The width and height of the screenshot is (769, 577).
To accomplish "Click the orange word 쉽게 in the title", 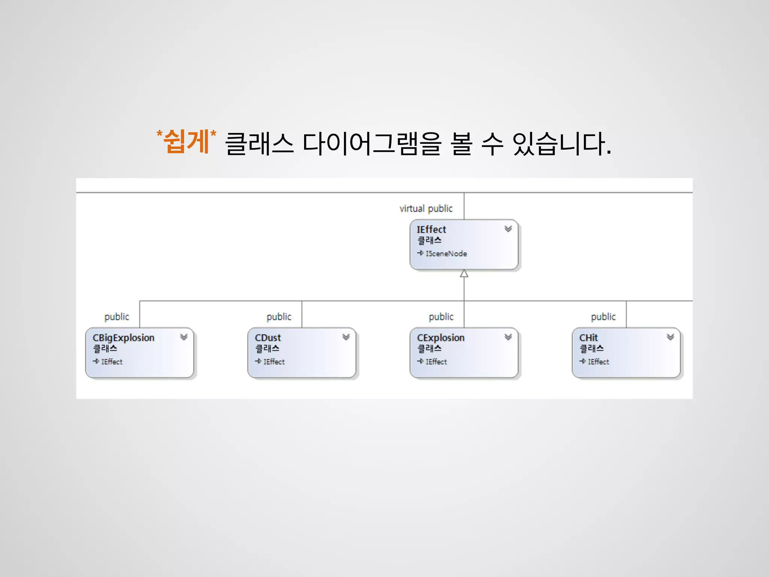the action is (186, 142).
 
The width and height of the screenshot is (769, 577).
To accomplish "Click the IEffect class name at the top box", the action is (431, 229).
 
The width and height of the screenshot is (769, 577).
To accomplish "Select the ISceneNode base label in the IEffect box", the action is (446, 254).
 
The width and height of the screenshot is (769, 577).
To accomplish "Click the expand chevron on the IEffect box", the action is (508, 229).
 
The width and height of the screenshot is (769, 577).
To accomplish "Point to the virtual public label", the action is (426, 208).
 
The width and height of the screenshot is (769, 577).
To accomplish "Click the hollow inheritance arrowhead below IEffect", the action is (464, 273).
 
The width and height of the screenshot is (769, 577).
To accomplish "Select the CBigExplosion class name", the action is (123, 338).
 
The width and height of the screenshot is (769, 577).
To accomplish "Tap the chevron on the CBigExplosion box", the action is (184, 337).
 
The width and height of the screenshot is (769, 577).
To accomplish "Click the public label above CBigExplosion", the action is (116, 317).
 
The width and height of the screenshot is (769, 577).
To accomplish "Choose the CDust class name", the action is (268, 338).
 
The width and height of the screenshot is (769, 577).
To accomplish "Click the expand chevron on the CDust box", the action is (346, 337).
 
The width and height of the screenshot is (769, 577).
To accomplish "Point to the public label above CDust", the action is (279, 317).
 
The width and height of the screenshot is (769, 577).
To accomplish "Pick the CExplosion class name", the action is (440, 338).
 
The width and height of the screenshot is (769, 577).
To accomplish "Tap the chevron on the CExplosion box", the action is (508, 337).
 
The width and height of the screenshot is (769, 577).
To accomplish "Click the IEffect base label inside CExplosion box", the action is (436, 362).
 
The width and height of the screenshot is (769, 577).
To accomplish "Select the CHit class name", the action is (588, 338).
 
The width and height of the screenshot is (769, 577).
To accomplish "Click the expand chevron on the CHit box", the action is (670, 337).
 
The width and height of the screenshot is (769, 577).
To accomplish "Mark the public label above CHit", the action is (603, 317).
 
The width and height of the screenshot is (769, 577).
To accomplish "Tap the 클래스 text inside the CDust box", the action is (267, 349).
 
